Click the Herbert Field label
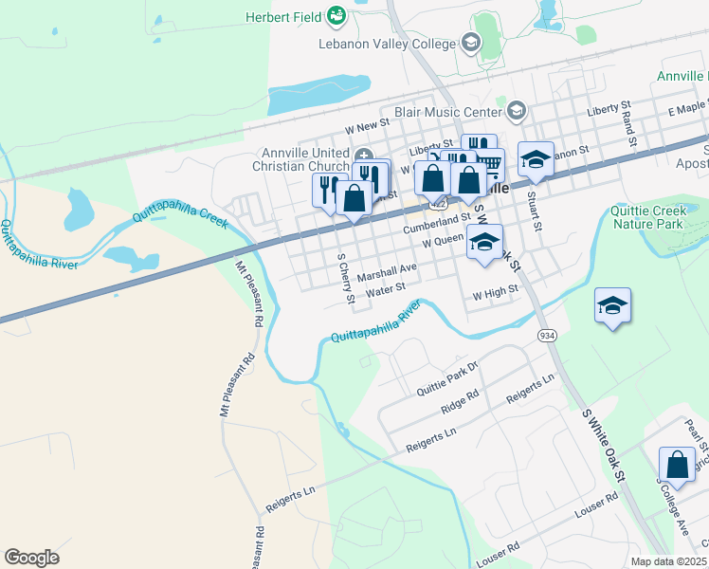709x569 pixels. coord(282,16)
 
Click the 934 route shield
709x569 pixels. coord(547,336)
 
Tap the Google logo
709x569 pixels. coord(31,557)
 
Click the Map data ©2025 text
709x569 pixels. coord(667,561)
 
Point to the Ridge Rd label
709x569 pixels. coord(460,401)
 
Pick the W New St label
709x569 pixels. coord(367,124)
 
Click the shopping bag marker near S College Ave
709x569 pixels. coord(677,465)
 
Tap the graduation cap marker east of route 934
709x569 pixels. coord(612,305)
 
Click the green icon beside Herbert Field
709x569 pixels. coord(336,15)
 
